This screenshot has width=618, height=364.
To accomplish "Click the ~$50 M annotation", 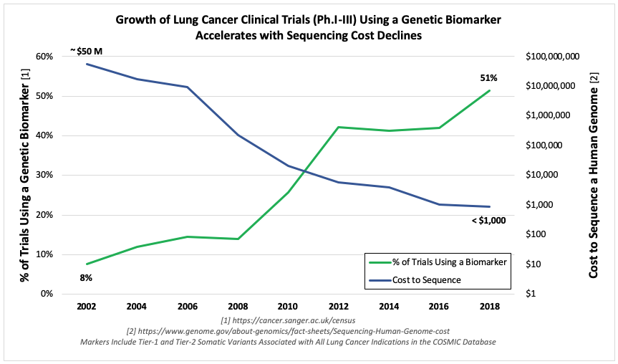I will (86, 51).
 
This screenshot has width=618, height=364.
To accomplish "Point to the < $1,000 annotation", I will (488, 221).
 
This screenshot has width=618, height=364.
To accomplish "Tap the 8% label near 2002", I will (85, 277).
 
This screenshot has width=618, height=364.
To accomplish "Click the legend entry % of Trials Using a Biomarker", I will (445, 263).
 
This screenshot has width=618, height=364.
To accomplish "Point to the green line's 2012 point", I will (339, 127).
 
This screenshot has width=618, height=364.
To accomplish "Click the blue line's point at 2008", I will (238, 135).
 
